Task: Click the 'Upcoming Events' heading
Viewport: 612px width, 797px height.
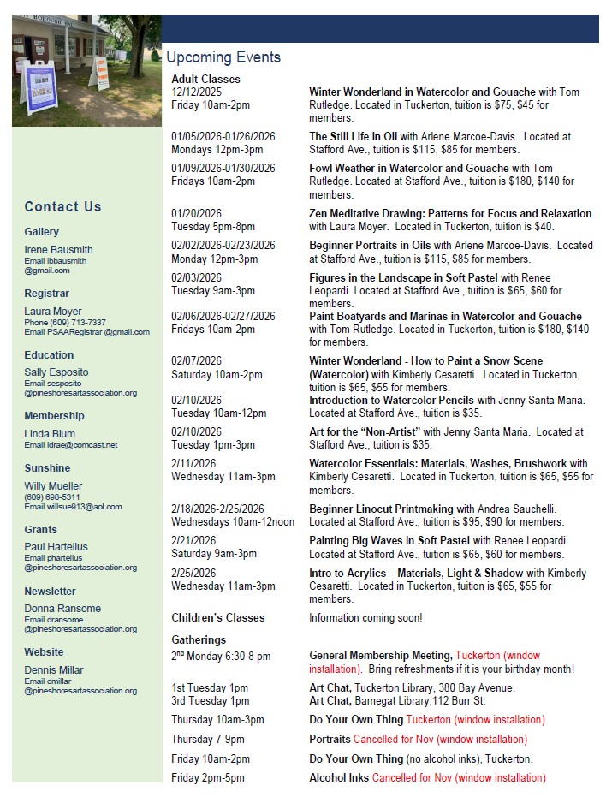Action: coord(223,57)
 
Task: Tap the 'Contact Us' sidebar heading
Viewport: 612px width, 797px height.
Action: coord(62,206)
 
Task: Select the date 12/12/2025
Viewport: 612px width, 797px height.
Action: coord(196,92)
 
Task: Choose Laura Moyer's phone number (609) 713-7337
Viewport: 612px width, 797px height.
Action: coord(78,323)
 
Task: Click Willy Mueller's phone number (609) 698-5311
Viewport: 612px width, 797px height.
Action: coord(52,497)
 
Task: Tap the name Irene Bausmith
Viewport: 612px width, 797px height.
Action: coord(58,250)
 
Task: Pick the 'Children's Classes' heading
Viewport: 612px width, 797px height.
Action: coord(218,617)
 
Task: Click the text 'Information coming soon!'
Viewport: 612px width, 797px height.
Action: coord(365,617)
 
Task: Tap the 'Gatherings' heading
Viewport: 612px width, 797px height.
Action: coord(199,639)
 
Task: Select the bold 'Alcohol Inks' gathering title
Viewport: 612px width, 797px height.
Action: coord(339,778)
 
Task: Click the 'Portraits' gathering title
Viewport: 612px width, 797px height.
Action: coord(330,740)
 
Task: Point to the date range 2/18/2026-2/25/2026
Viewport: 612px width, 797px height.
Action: coord(217,509)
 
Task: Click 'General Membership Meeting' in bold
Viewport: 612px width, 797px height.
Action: coord(380,656)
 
